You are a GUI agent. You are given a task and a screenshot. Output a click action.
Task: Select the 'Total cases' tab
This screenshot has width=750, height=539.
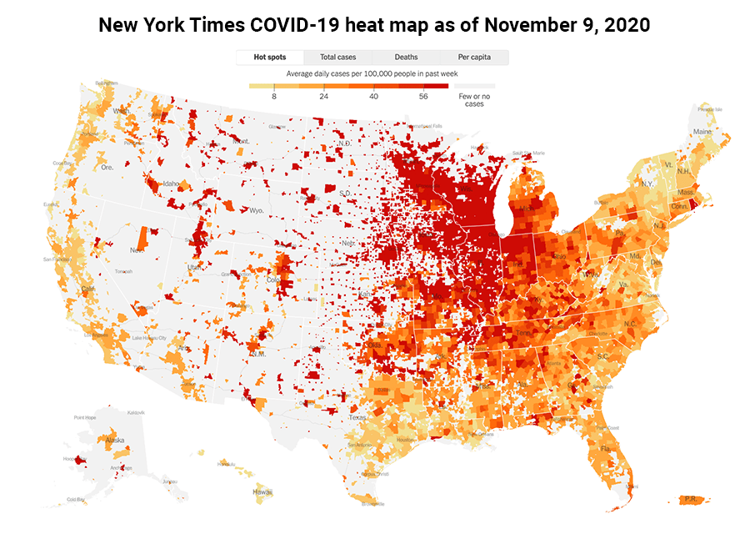coord(339,58)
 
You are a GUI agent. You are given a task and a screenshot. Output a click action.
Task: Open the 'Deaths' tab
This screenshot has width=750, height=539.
coord(406,58)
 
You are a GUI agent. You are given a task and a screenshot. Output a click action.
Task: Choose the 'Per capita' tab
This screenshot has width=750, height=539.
coord(474,58)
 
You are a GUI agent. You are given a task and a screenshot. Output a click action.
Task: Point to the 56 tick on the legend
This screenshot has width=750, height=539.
coord(423,97)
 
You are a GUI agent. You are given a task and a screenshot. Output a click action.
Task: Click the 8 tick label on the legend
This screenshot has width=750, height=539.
coord(274,97)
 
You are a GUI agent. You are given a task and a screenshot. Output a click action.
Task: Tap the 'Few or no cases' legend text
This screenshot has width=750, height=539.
coord(473,100)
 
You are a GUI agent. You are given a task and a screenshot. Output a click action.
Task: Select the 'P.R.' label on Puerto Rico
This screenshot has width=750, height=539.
coord(690,500)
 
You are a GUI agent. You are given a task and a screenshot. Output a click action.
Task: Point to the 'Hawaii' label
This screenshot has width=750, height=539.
coord(262,492)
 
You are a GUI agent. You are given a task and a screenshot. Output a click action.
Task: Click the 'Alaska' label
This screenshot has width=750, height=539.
coord(115,440)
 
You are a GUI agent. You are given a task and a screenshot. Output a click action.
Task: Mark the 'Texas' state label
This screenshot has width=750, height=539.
coord(357,417)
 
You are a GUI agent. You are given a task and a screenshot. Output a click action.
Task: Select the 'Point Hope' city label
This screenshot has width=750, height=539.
coord(87,417)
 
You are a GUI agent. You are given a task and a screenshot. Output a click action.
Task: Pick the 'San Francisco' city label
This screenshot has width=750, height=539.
coord(55,259)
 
